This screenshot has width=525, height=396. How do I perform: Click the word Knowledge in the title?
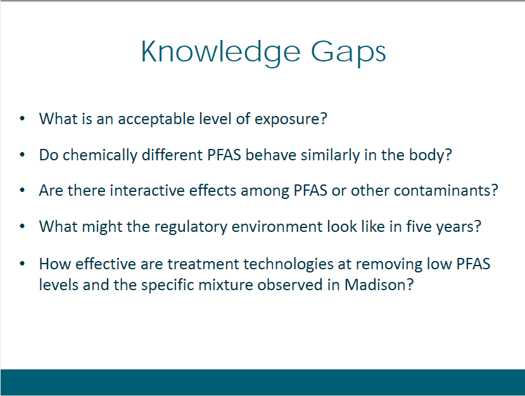221,52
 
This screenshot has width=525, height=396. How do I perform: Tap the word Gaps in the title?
348,52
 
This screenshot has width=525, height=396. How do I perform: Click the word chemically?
100,155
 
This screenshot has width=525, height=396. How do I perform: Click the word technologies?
289,265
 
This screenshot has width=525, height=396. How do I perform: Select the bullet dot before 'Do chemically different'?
22,155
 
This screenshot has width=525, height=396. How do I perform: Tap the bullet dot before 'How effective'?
22,264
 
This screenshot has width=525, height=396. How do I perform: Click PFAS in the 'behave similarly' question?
224,155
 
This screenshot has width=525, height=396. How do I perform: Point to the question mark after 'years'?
478,226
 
